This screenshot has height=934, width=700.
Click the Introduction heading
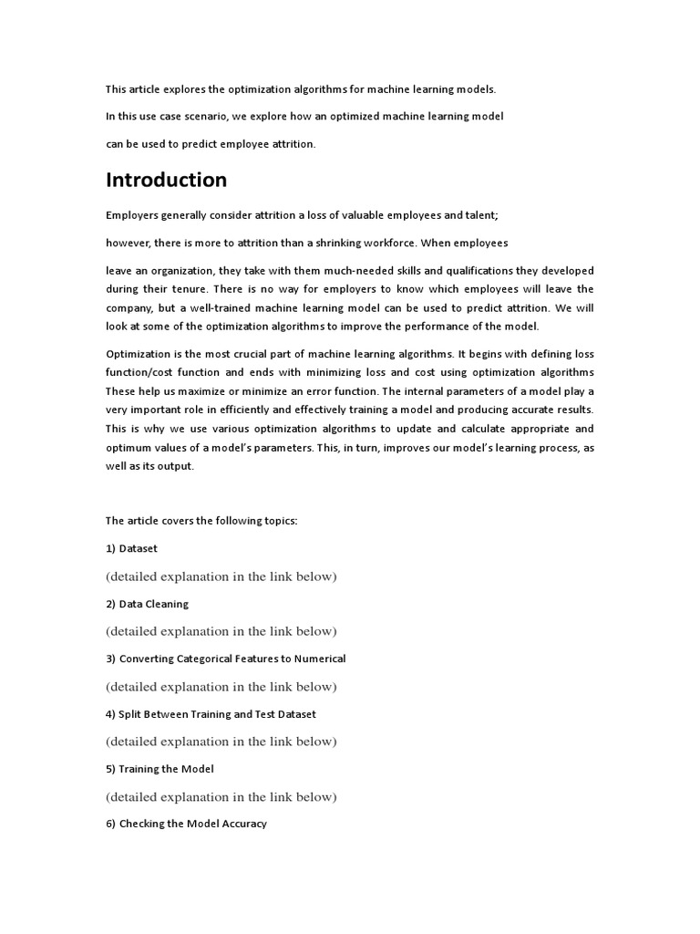(166, 180)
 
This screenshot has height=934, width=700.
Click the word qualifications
(441, 271)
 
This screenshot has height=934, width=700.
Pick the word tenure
(199, 289)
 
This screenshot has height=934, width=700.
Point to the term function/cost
(144, 372)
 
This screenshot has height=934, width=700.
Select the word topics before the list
(278, 521)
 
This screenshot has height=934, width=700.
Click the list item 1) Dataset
(131, 548)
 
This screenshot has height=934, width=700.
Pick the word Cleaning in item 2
(168, 604)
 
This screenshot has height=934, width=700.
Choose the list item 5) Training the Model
(160, 769)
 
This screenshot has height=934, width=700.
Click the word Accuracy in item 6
(243, 824)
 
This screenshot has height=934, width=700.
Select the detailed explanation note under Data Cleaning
(221, 631)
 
